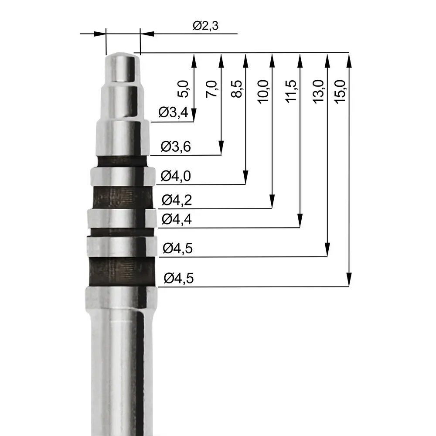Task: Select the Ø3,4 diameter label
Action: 173,113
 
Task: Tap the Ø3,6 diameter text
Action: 175,146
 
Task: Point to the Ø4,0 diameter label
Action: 176,176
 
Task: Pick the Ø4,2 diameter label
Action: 177,201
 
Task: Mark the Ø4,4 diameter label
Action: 177,219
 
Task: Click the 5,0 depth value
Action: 184,89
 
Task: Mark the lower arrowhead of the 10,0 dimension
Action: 272,202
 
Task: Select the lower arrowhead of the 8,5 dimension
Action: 246,177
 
